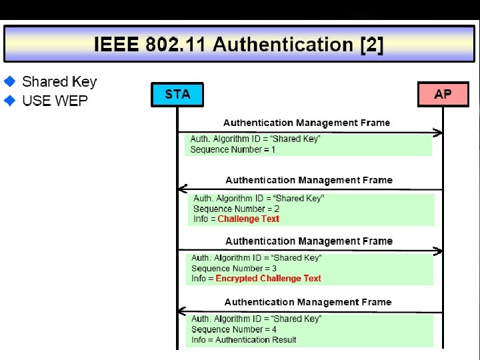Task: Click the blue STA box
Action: tap(177, 94)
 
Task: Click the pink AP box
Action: tap(443, 94)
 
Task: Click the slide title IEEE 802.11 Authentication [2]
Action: tap(239, 45)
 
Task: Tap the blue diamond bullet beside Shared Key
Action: tap(10, 81)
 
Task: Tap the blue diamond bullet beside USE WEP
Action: tap(10, 101)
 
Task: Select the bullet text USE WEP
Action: tap(55, 101)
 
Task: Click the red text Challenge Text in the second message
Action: tap(248, 219)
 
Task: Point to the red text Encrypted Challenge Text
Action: tap(268, 279)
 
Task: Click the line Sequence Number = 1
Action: tap(233, 150)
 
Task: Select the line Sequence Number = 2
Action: tap(236, 209)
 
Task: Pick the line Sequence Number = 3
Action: tap(234, 269)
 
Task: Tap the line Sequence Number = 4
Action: tap(234, 329)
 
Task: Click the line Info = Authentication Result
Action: tap(243, 340)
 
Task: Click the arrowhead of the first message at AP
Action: tap(438, 133)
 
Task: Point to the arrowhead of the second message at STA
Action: tap(183, 190)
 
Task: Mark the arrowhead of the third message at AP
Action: tap(438, 251)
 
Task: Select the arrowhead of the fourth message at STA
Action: tap(183, 312)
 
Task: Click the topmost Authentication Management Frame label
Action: tap(307, 123)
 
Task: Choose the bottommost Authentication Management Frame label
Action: tap(308, 302)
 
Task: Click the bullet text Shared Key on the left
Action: tap(59, 81)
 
